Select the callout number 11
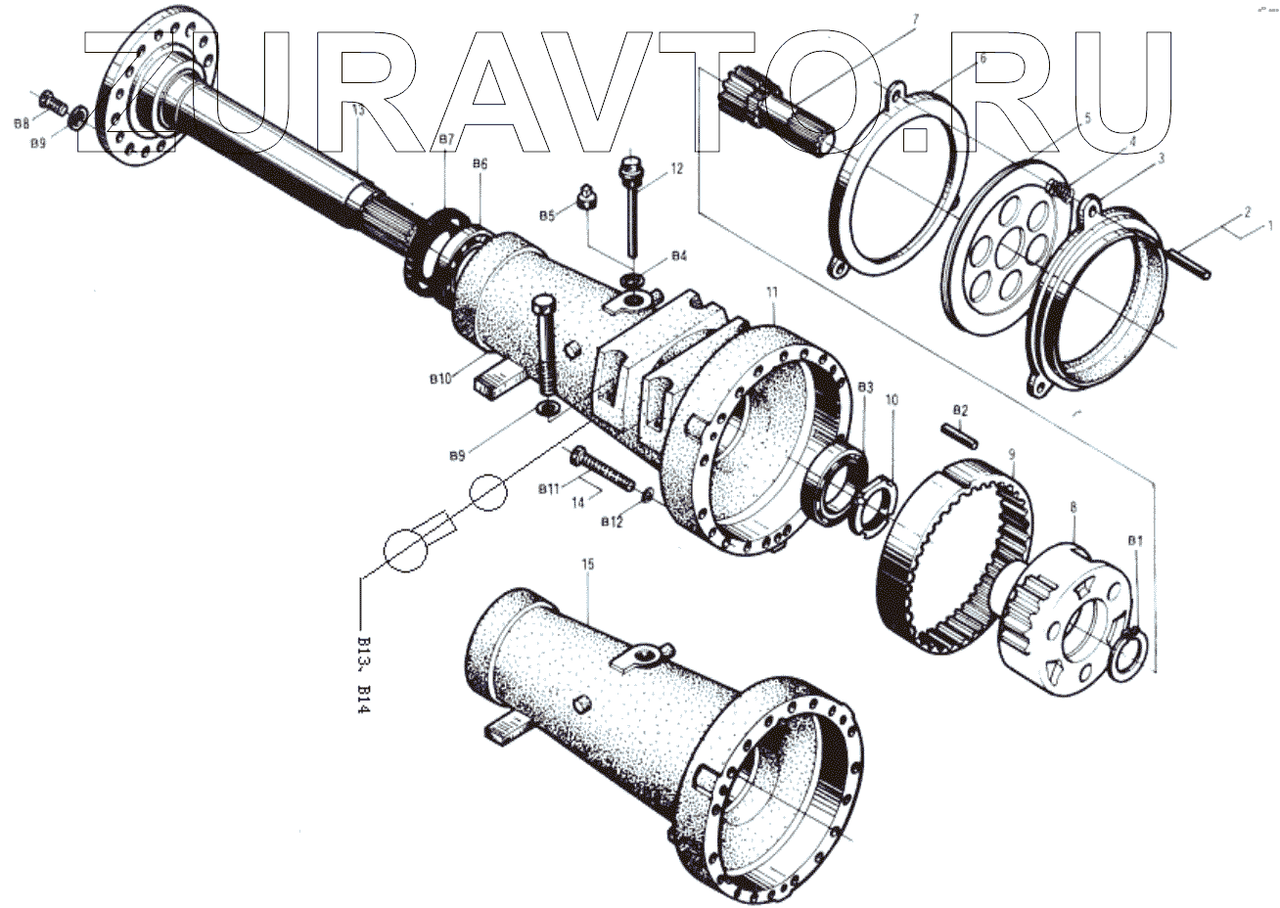[x=772, y=293]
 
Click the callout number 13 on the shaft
[x=357, y=112]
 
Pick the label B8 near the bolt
[x=21, y=122]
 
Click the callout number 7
[x=915, y=20]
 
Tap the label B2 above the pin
[x=960, y=409]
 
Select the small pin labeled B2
[x=958, y=435]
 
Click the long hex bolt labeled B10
[x=544, y=347]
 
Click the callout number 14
[x=577, y=502]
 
